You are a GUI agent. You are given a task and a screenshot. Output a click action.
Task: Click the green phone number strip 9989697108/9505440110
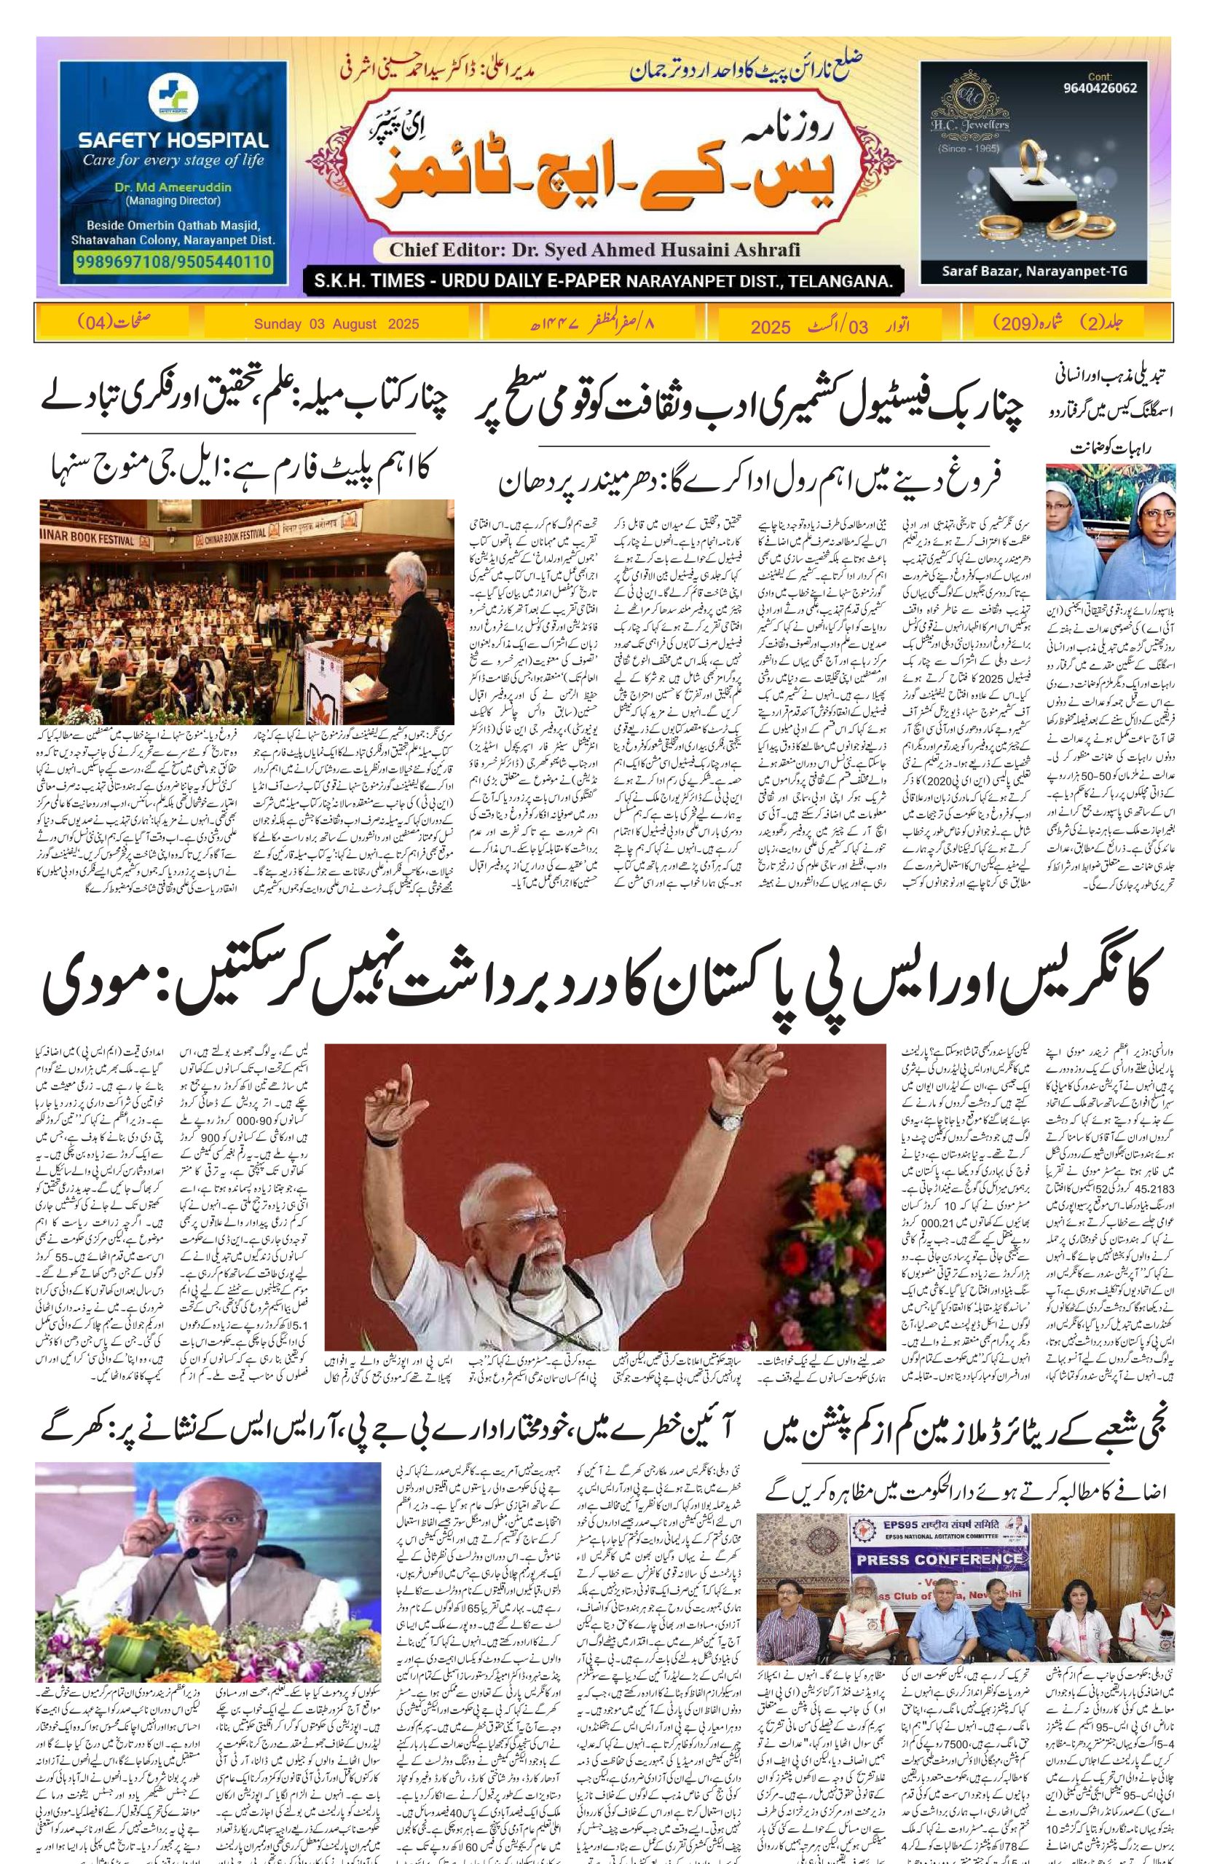click(173, 261)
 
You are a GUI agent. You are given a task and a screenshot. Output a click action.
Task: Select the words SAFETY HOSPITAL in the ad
click(173, 141)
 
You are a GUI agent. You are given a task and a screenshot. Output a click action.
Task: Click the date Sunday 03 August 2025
click(336, 323)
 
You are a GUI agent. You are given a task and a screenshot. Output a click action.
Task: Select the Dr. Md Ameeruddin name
click(173, 188)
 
